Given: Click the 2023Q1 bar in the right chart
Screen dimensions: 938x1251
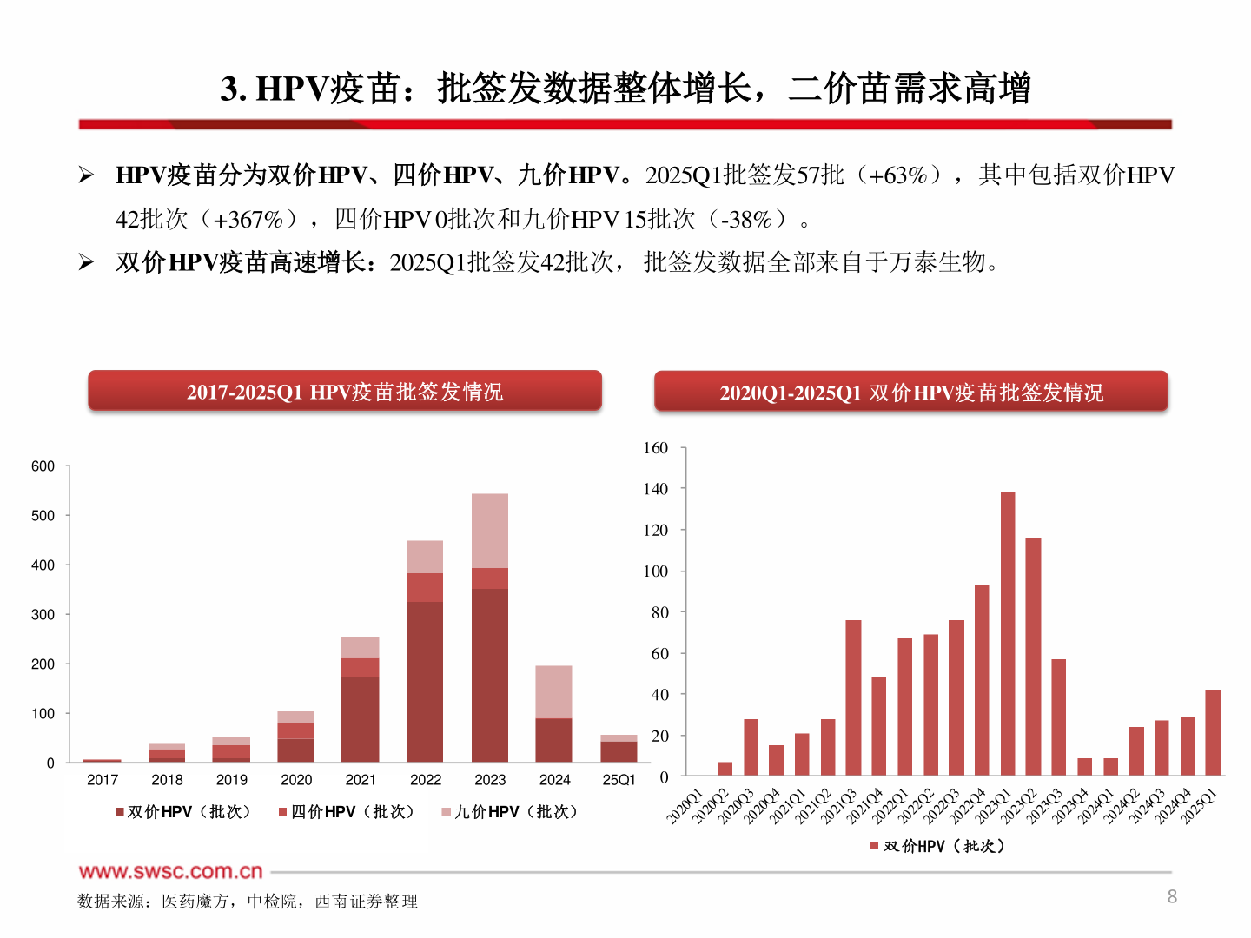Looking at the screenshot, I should click(x=1008, y=634).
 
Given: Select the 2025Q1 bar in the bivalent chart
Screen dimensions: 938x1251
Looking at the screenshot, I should click(x=1213, y=733).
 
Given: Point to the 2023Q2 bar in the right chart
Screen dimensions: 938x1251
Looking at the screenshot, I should click(x=1033, y=657).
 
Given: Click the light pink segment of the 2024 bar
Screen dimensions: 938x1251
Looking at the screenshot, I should click(x=553, y=692).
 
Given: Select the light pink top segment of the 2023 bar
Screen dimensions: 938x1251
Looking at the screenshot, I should click(x=490, y=531).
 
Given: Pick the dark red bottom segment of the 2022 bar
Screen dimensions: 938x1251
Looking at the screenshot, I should click(x=425, y=682).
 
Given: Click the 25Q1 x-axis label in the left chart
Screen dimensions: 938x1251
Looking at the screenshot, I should click(x=619, y=780).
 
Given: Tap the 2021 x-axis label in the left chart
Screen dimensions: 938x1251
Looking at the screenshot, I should click(x=361, y=780).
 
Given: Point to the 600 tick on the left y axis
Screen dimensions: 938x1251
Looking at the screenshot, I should click(x=43, y=466).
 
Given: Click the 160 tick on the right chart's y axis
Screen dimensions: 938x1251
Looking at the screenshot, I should click(x=656, y=448).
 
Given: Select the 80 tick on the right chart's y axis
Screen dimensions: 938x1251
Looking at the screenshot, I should click(x=660, y=612).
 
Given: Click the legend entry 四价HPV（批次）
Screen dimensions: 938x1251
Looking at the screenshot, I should click(x=347, y=812).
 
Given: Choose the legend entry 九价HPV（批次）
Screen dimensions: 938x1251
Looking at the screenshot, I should click(x=510, y=812).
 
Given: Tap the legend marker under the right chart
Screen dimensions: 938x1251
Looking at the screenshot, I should click(x=875, y=846).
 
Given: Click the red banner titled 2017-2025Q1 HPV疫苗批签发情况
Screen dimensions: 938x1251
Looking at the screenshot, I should click(x=345, y=392).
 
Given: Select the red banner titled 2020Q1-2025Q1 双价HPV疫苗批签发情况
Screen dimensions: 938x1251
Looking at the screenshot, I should click(x=910, y=393).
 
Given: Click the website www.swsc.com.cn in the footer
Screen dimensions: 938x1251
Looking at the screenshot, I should click(x=171, y=871).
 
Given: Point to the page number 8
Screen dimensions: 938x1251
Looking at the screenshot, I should click(x=1172, y=896).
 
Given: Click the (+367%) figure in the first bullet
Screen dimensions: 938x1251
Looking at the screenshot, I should click(x=248, y=220).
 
